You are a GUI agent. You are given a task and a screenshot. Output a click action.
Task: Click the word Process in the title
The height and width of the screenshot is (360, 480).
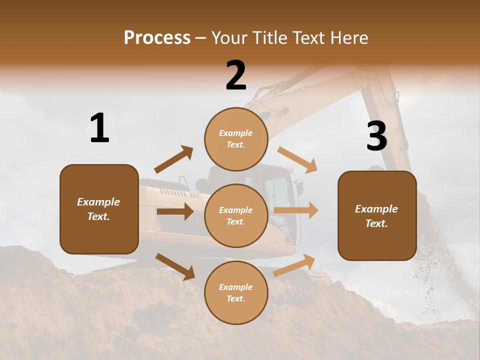pyautogui.click(x=157, y=37)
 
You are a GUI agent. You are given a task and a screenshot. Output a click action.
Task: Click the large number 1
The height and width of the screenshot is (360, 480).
pyautogui.click(x=99, y=128)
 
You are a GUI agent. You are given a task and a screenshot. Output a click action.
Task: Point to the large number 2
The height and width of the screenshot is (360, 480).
pyautogui.click(x=236, y=75)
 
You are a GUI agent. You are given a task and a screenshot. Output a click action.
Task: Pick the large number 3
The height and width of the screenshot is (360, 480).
pyautogui.click(x=376, y=136)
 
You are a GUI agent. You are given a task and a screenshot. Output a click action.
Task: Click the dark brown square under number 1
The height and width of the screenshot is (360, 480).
pyautogui.click(x=99, y=209)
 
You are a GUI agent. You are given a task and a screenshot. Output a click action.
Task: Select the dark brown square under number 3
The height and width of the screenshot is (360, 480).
pyautogui.click(x=377, y=215)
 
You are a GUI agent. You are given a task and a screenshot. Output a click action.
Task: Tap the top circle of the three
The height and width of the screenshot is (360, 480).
pyautogui.click(x=236, y=139)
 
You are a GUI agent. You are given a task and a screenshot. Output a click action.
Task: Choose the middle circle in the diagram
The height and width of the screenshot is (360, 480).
pyautogui.click(x=236, y=215)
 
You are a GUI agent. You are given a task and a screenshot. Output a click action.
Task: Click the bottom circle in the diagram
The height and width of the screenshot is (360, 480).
pyautogui.click(x=236, y=292)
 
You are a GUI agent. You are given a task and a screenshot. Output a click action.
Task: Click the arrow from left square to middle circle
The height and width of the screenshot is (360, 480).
pyautogui.click(x=174, y=211)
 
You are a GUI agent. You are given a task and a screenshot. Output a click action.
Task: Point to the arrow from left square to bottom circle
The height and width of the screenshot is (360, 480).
pyautogui.click(x=175, y=266)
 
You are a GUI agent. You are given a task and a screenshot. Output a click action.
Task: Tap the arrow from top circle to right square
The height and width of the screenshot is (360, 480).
pyautogui.click(x=297, y=160)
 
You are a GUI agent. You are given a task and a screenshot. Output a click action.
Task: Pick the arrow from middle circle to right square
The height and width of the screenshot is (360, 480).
pyautogui.click(x=295, y=210)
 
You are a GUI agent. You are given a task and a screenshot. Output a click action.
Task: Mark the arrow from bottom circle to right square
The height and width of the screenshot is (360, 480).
pyautogui.click(x=294, y=265)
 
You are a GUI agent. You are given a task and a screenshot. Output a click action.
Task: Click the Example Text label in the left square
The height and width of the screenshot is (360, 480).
pyautogui.click(x=98, y=209)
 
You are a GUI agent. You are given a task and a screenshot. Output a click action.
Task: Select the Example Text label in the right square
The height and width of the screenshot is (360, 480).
pyautogui.click(x=376, y=216)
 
